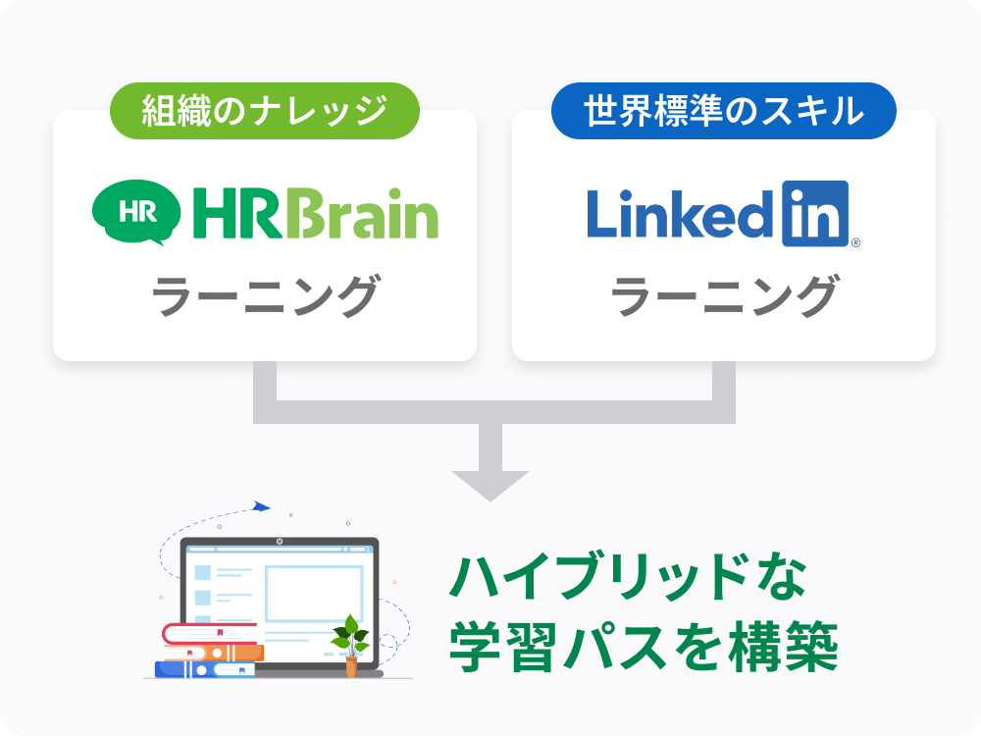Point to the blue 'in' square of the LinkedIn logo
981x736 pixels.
[x=814, y=212]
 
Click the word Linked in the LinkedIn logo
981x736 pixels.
[x=681, y=212]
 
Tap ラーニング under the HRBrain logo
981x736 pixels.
[x=265, y=295]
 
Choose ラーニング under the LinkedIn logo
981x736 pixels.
[x=724, y=295]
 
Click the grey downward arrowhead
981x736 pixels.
[x=490, y=484]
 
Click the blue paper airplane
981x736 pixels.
[x=260, y=506]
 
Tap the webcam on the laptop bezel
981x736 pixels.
[x=280, y=541]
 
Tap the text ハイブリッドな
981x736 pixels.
[x=628, y=580]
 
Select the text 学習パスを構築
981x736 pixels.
[x=644, y=648]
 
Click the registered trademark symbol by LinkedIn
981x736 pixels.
[x=855, y=241]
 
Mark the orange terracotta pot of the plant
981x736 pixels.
[x=351, y=668]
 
